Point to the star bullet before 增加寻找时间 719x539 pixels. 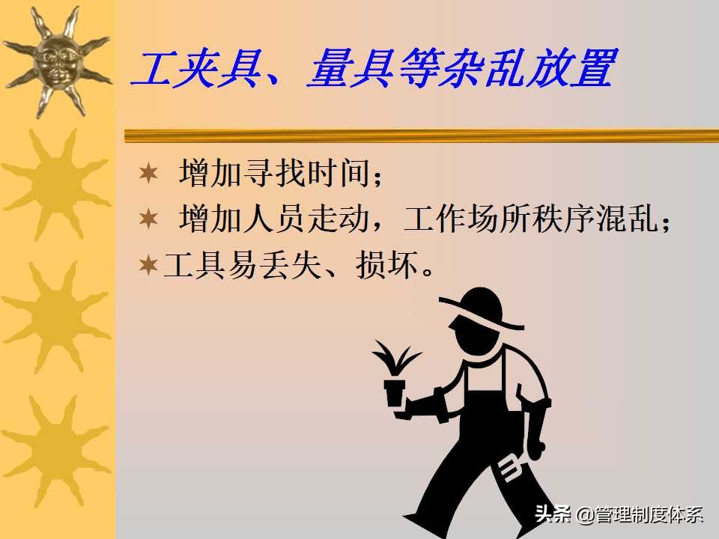[x=149, y=174]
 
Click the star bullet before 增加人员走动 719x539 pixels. [x=149, y=219]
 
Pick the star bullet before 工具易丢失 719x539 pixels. [x=149, y=265]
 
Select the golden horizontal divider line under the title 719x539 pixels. [x=419, y=135]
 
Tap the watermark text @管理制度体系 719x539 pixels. [x=640, y=514]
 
